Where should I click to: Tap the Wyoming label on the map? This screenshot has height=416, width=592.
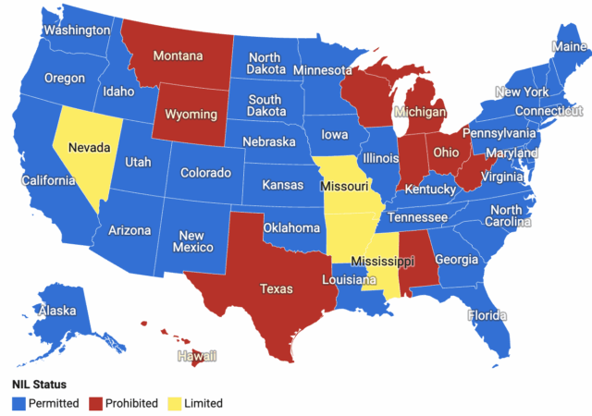click(191, 115)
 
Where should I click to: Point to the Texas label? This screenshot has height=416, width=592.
click(276, 289)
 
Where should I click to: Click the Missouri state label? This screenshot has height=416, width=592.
click(344, 187)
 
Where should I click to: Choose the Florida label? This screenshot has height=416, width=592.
click(487, 314)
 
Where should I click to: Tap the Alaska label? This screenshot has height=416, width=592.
click(57, 312)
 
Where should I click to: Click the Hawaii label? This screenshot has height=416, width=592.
click(198, 355)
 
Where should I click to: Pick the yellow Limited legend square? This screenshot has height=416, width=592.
click(171, 403)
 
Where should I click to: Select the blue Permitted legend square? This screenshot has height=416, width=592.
click(18, 403)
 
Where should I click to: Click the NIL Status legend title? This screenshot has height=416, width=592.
click(39, 385)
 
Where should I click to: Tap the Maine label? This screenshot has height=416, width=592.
click(567, 46)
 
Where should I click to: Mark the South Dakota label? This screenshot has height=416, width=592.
click(265, 106)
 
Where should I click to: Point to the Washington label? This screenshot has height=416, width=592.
click(77, 30)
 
